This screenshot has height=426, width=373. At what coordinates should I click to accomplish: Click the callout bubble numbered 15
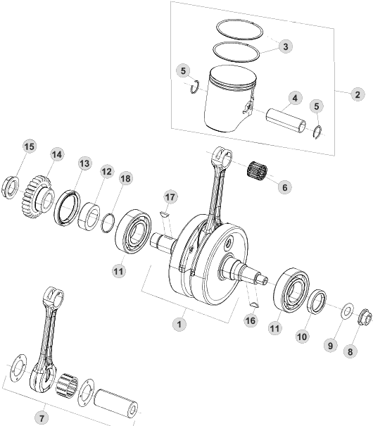click(30, 146)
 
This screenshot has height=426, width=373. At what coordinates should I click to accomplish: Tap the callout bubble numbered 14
click(57, 155)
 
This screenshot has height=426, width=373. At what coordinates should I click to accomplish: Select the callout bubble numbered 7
click(42, 418)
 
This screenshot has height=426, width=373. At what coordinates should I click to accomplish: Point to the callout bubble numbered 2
click(358, 94)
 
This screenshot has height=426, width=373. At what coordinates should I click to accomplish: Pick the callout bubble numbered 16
click(251, 320)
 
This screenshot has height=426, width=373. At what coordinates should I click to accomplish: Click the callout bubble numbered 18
click(125, 178)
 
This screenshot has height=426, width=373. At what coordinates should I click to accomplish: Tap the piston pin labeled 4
click(286, 120)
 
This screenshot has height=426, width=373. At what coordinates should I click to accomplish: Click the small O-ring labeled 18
click(108, 223)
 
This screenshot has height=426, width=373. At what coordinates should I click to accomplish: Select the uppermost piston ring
click(240, 30)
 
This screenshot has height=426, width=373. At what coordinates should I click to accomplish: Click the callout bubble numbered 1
click(179, 324)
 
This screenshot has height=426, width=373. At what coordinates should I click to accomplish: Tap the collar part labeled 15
click(11, 187)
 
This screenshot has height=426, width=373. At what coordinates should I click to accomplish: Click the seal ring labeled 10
click(317, 301)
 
